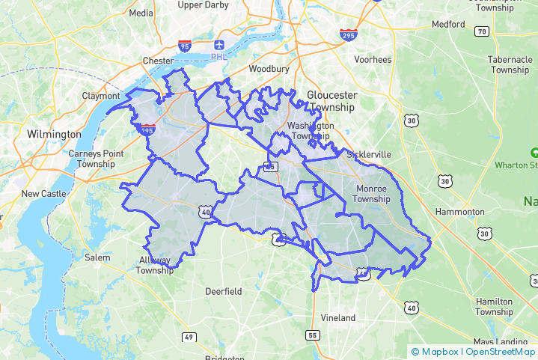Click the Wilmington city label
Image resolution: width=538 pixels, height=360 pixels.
tap(54, 134)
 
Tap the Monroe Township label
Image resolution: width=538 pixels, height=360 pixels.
tap(372, 194)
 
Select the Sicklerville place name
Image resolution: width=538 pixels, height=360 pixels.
tap(369, 154)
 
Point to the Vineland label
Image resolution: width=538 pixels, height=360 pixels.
tap(338, 317)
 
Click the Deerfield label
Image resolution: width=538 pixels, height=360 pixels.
tap(224, 290)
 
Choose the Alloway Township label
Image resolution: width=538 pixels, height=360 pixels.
tap(155, 265)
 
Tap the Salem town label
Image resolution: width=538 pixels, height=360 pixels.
tap(97, 257)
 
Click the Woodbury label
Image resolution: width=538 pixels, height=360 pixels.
tap(269, 69)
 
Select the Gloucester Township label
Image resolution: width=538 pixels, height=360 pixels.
tap(332, 101)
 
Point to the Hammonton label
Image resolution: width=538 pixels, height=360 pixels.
tap(460, 212)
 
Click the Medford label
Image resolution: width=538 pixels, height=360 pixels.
tap(448, 24)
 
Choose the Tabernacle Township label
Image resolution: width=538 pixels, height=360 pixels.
tap(510, 64)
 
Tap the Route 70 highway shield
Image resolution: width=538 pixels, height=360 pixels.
tap(482, 31)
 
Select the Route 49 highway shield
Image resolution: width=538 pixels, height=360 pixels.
tap(189, 338)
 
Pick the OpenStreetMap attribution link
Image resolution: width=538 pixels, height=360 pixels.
tap(500, 352)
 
